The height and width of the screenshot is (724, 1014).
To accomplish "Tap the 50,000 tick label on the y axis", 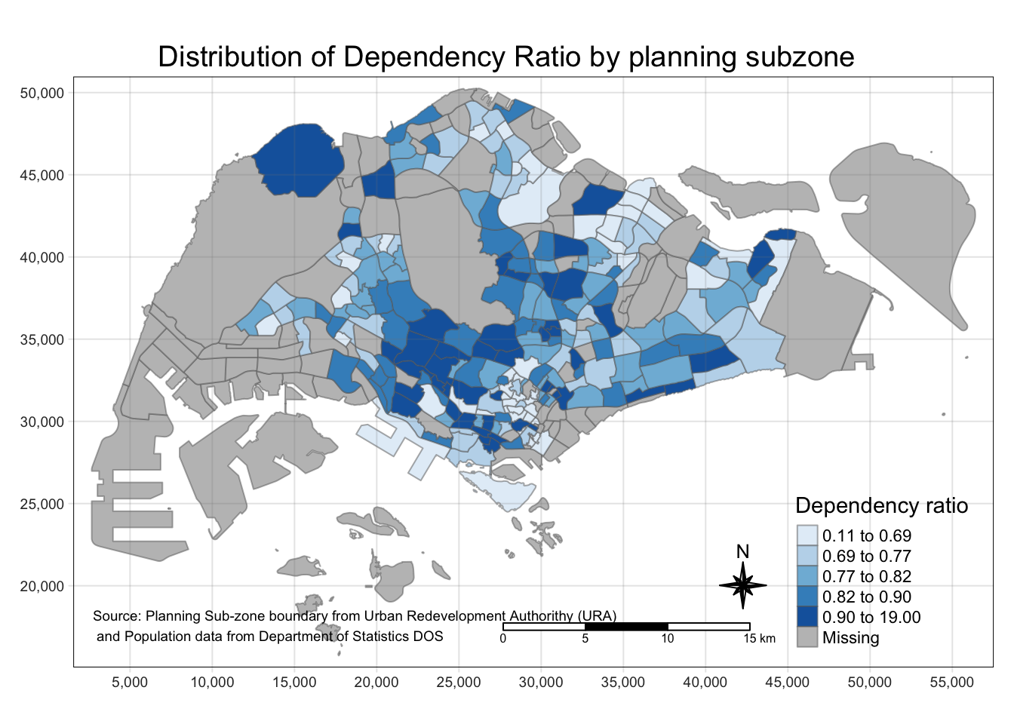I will pos(42,94).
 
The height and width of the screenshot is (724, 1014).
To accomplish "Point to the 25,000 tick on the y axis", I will pos(42,505).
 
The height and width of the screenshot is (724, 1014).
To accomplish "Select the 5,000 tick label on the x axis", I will pos(130,683).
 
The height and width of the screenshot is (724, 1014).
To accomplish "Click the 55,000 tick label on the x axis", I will pos(952,683).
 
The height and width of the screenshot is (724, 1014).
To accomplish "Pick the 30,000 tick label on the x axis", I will pos(541,683).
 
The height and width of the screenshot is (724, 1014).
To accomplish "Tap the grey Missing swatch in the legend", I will pos(807,638).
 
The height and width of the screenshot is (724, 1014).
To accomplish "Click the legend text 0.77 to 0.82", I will pos(867,577).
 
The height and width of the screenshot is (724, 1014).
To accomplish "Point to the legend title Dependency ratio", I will pos(881,505).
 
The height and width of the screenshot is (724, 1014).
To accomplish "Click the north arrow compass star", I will pos(742,585).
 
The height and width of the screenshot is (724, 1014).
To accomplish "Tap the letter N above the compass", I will pos(742,552).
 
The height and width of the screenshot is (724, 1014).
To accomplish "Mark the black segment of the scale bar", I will pos(626,627).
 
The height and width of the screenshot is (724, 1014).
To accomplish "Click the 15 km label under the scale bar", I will pos(759,640).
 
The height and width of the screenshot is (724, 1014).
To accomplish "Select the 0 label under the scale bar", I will pos(503,640).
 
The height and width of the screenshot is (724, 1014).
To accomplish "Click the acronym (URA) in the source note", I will pos(598,616).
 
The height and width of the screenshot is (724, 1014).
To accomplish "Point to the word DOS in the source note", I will pos(428,637).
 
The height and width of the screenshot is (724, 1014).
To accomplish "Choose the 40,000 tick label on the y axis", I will pos(42,258).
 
